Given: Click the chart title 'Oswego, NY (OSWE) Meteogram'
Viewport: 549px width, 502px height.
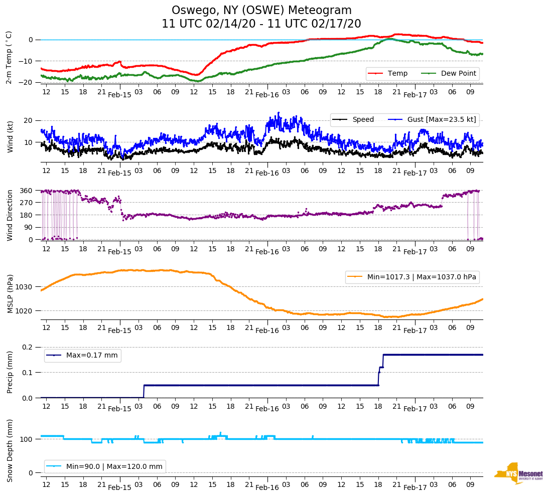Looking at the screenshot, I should [x=261, y=11].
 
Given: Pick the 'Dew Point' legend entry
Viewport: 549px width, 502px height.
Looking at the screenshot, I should [x=458, y=74].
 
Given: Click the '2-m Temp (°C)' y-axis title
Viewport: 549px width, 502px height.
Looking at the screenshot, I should [x=9, y=57].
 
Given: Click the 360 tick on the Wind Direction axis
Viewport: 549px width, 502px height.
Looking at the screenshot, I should [x=27, y=191].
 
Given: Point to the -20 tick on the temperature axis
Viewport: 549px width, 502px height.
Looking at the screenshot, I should [x=27, y=82].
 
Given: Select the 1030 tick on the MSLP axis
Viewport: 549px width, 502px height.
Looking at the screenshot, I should [x=24, y=287].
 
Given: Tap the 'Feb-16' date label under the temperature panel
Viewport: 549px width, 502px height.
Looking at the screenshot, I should [x=267, y=95].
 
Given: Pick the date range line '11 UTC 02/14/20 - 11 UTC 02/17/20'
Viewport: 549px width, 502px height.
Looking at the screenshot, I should [x=261, y=24].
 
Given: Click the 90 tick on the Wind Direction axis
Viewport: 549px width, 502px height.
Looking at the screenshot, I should [x=29, y=227].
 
